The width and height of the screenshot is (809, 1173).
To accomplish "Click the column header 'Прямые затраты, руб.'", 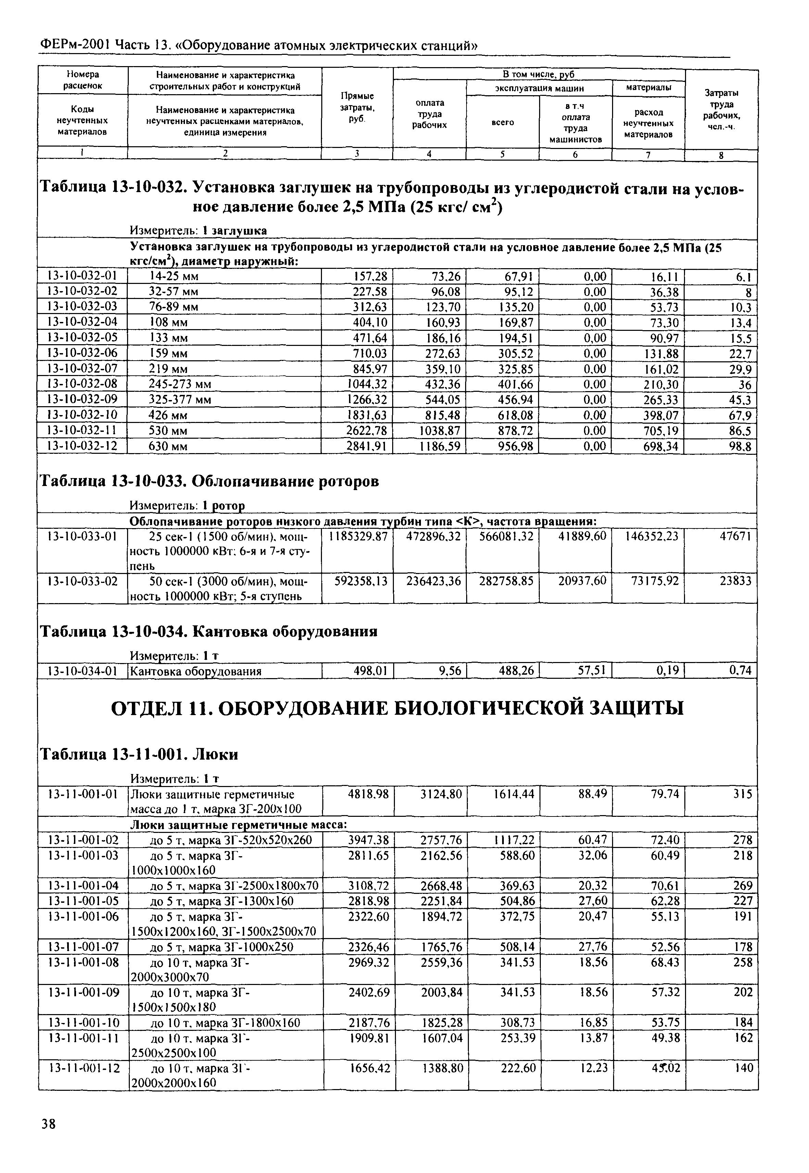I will click(x=357, y=107).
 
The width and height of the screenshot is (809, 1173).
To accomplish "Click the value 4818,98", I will click(x=369, y=794).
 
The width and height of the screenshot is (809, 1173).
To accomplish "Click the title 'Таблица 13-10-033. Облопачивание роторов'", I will click(x=209, y=481).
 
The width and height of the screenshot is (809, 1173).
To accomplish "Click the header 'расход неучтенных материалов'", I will click(x=648, y=123).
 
